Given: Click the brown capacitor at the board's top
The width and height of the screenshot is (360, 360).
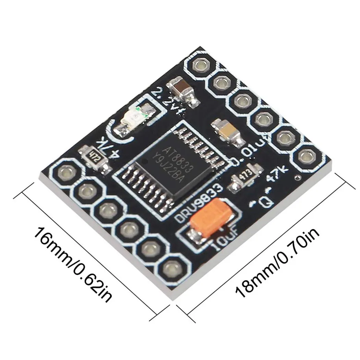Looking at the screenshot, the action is coord(181,89).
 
